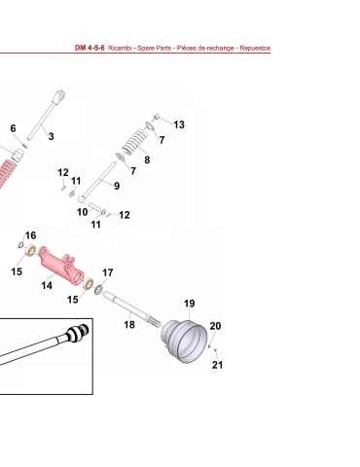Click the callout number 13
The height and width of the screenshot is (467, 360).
[x=179, y=125]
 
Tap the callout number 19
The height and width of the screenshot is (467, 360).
[x=190, y=304]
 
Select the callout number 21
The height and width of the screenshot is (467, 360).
[x=217, y=365]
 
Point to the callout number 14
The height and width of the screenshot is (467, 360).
[x=47, y=285]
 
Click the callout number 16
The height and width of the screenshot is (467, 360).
[x=30, y=235]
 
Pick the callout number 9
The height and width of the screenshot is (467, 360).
[x=117, y=186]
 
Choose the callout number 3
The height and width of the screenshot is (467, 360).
[x=51, y=136]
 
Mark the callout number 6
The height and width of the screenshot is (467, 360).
[x=13, y=128]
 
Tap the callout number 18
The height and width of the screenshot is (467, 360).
[x=129, y=324]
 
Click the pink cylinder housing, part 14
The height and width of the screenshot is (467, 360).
[x=60, y=266]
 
